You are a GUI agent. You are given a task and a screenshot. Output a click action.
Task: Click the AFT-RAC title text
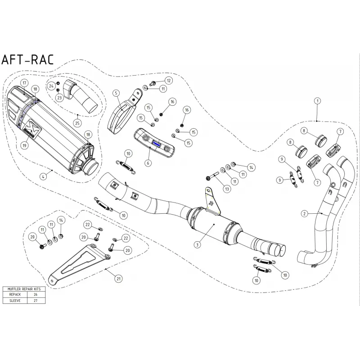(x=27, y=60)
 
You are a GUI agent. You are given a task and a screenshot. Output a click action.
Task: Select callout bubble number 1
(x=318, y=101)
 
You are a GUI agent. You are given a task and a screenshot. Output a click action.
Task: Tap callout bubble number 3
(x=197, y=245)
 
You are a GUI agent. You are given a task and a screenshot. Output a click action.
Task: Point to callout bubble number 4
(x=43, y=176)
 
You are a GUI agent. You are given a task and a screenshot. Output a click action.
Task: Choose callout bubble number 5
(x=116, y=93)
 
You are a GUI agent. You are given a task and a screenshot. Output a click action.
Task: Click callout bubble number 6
(x=148, y=163)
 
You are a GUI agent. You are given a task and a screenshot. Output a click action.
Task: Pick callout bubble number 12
(x=169, y=81)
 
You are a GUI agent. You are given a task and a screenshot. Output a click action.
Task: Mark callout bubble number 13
(x=227, y=189)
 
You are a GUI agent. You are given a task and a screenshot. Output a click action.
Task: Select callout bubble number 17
(x=24, y=83)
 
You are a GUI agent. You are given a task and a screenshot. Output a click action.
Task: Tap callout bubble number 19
(x=24, y=145)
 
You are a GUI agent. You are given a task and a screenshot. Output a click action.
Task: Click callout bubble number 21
(x=118, y=279)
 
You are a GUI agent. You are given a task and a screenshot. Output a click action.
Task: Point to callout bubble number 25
(x=77, y=123)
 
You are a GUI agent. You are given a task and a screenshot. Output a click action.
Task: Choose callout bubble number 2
(x=305, y=214)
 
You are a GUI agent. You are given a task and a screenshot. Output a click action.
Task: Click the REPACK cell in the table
(x=15, y=294)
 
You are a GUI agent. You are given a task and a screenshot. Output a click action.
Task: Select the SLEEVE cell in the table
(x=15, y=301)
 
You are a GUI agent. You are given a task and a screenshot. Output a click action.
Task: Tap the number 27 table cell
(x=36, y=301)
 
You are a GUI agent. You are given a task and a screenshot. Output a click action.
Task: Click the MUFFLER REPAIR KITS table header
(x=24, y=289)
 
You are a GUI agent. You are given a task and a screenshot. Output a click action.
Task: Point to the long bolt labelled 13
(x=211, y=177)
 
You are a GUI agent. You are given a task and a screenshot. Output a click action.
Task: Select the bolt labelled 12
(x=153, y=83)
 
